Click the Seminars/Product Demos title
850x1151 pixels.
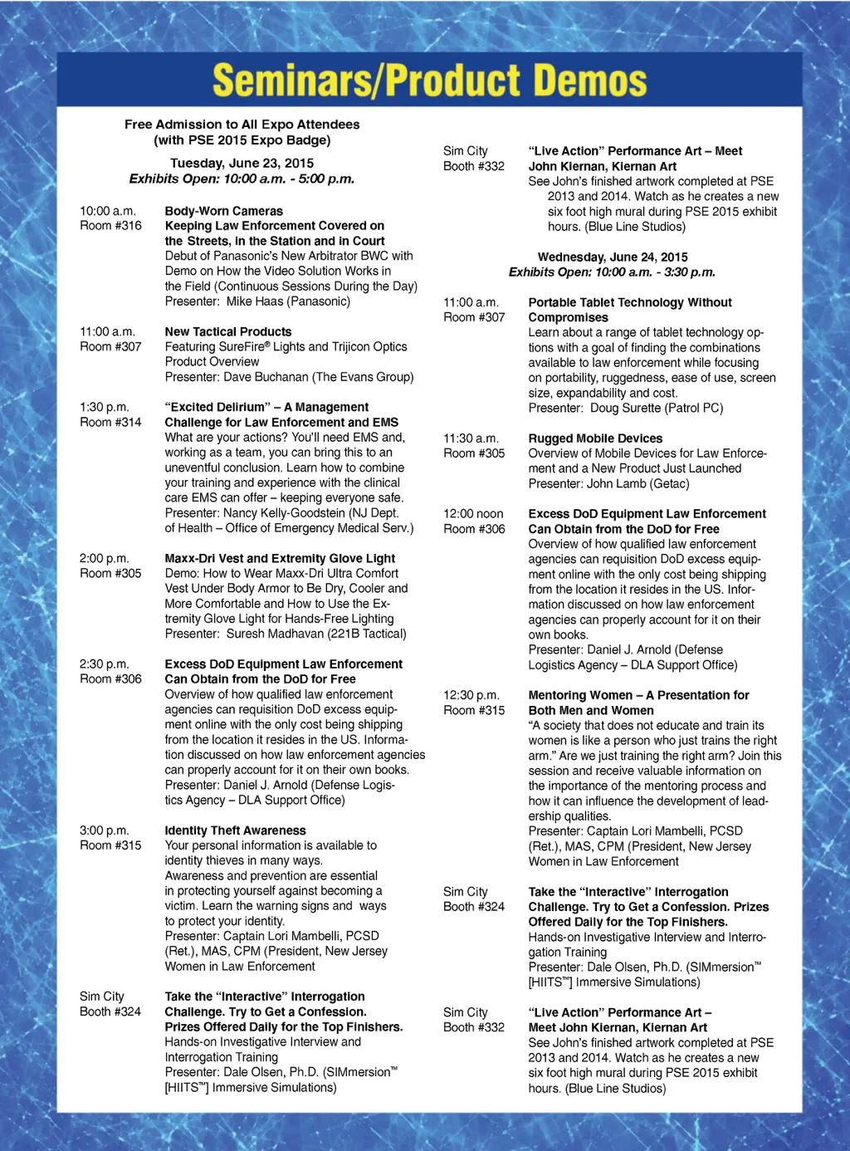(429, 81)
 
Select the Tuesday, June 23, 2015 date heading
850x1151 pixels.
(242, 164)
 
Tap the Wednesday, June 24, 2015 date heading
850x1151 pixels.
(612, 257)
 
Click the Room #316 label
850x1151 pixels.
(110, 226)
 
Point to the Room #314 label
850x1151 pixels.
(110, 423)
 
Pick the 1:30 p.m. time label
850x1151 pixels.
(105, 408)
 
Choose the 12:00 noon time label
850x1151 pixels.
(473, 514)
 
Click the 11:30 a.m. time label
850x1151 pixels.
(471, 438)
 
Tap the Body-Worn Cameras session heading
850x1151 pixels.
(223, 212)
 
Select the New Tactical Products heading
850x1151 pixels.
(228, 332)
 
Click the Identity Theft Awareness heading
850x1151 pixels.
(235, 830)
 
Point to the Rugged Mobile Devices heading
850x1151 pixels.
(595, 438)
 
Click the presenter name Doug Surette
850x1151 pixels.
(626, 409)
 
